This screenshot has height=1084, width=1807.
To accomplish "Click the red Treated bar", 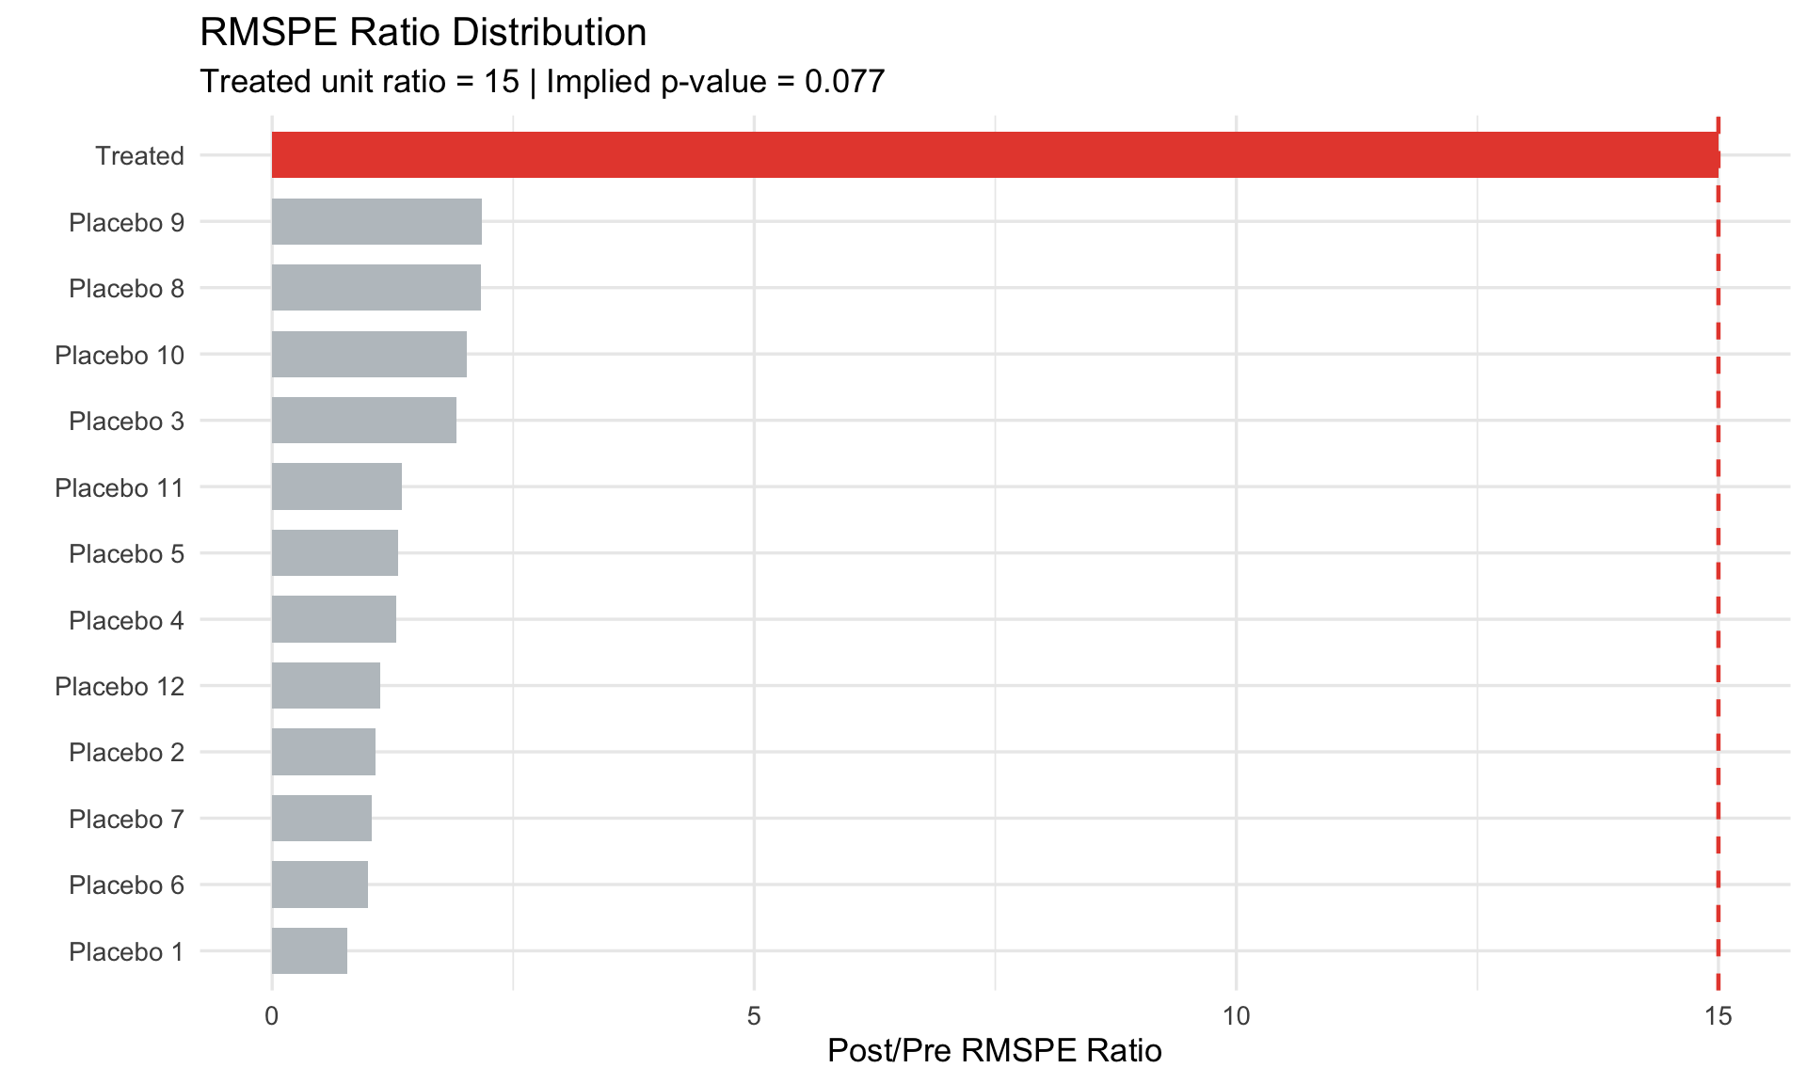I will [x=995, y=155].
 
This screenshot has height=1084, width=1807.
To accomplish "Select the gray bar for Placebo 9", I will [x=376, y=222].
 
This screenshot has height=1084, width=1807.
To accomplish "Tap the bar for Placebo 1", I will [x=310, y=951].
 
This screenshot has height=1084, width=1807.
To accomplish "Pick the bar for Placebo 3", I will [x=364, y=421].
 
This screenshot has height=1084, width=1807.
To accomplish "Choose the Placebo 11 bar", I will [x=337, y=487].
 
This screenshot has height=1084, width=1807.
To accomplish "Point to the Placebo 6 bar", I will [x=320, y=885].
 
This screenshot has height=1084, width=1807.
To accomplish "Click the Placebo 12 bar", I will [x=326, y=686].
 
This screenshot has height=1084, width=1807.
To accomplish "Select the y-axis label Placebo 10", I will [x=120, y=356].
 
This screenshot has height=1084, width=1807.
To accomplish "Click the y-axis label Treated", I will [x=139, y=156].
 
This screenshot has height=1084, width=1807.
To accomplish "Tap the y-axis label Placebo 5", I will [x=126, y=554].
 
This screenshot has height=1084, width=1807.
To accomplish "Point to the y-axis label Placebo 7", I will [x=126, y=820].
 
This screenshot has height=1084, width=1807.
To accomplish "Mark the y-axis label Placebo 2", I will [x=126, y=753].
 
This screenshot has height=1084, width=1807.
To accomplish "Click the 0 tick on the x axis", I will [x=272, y=1016].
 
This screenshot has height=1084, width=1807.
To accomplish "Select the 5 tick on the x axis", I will [x=754, y=1016].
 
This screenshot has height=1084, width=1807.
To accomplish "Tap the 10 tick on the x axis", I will [x=1236, y=1016].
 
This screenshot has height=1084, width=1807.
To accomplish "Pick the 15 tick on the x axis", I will [x=1718, y=1016].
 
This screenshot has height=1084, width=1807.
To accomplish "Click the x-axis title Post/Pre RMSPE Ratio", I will [x=994, y=1051].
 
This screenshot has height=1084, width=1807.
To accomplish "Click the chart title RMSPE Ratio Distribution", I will [x=423, y=33].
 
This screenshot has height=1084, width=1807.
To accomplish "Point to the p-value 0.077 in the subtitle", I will [x=844, y=82].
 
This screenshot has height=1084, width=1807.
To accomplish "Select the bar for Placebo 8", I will [x=376, y=288].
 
